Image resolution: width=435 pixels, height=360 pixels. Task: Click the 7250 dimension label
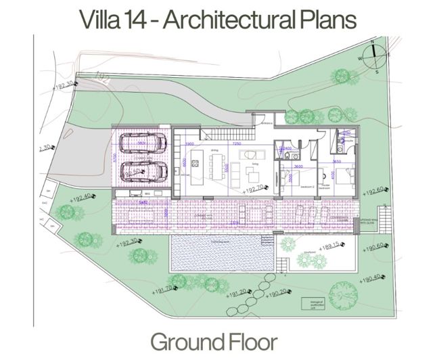(x=237, y=144)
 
